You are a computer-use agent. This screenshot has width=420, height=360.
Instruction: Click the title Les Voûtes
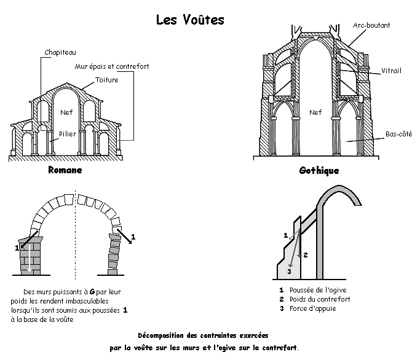tap(190, 20)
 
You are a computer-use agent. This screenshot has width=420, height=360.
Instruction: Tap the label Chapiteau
tap(60, 52)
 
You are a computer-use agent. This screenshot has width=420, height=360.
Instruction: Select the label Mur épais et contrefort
tap(112, 66)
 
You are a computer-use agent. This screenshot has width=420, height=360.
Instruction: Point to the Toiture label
tap(107, 80)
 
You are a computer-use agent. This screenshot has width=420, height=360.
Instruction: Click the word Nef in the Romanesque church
tap(66, 112)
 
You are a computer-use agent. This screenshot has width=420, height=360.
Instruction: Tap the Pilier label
tap(68, 133)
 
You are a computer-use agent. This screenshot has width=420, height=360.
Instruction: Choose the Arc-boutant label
tap(371, 25)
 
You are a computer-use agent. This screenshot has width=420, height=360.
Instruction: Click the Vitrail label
tap(391, 71)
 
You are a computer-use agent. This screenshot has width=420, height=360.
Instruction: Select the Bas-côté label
tap(399, 133)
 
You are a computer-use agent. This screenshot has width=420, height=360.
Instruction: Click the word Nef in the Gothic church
tap(315, 112)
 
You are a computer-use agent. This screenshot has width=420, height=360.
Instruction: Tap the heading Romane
tap(65, 170)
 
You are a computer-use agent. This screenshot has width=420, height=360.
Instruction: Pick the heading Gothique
tap(319, 171)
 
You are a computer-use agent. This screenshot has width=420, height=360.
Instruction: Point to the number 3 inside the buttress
tap(289, 272)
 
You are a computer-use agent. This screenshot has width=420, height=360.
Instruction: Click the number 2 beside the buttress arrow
tap(306, 255)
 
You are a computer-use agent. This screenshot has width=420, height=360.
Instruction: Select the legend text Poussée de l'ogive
tap(318, 290)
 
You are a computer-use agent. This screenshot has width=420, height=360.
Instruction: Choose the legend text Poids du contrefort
tap(320, 299)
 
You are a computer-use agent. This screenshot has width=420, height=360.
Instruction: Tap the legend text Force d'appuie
tap(313, 308)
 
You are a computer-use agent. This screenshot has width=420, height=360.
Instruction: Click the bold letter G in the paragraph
tap(92, 291)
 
